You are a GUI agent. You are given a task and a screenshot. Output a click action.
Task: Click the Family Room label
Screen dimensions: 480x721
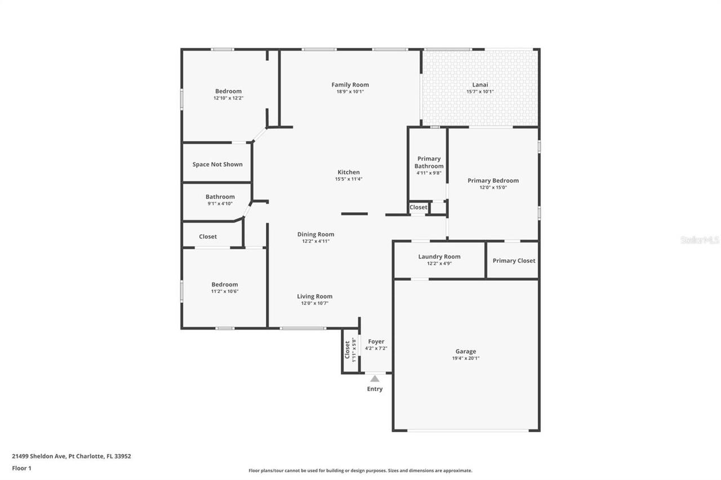(350, 85)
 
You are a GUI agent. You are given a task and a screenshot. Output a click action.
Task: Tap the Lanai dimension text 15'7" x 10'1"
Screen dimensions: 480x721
(480, 92)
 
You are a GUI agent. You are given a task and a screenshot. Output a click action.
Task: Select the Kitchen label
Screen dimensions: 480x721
(348, 172)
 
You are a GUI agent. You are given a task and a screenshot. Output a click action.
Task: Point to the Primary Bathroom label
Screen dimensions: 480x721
(429, 162)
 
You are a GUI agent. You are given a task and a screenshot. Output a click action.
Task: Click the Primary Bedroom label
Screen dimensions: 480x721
(493, 181)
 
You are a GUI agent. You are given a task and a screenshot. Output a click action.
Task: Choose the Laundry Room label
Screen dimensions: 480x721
(439, 257)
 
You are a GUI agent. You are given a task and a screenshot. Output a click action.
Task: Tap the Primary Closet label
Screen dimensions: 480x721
(514, 261)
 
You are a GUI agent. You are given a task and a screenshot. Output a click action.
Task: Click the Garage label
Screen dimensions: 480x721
(465, 351)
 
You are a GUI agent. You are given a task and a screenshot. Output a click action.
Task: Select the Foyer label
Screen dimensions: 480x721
(376, 342)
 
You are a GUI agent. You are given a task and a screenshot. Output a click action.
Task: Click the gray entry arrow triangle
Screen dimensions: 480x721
(375, 379)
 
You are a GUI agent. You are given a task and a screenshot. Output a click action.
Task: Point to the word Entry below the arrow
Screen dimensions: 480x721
(375, 389)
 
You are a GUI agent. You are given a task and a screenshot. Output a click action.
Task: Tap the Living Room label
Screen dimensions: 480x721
(314, 296)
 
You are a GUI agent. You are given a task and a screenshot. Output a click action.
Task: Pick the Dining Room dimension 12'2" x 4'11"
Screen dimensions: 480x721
(315, 241)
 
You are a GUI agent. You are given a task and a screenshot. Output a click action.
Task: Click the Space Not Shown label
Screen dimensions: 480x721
(217, 164)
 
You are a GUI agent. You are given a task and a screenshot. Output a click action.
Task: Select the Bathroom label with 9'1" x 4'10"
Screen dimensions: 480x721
(220, 197)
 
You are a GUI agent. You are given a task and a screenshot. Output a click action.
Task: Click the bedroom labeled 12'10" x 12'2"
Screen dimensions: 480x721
(228, 91)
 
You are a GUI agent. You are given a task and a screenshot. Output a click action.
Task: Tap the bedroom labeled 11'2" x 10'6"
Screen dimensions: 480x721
(224, 285)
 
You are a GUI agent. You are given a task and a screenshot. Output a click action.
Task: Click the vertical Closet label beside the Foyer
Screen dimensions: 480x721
(348, 350)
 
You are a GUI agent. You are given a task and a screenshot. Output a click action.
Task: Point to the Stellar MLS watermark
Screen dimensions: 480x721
(700, 240)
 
